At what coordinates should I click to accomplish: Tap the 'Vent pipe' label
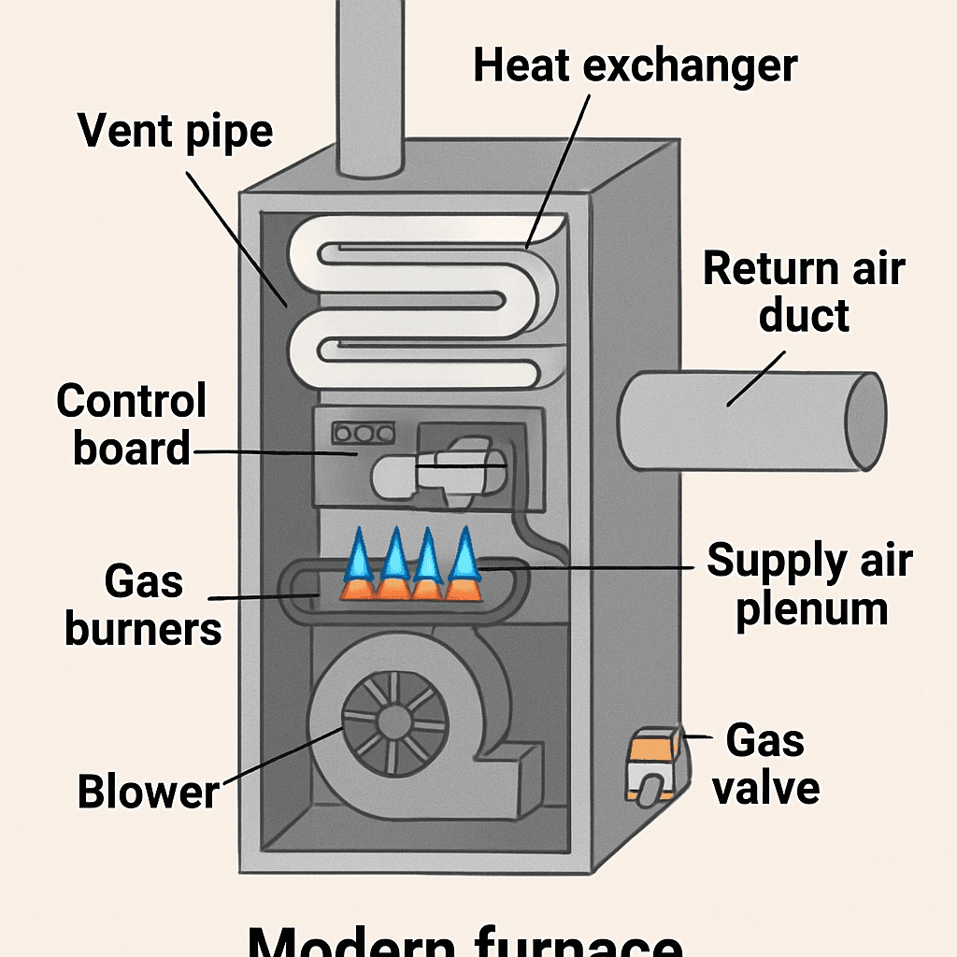[176, 130]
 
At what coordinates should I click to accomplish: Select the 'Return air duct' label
[804, 292]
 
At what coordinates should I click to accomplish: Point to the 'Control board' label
[131, 425]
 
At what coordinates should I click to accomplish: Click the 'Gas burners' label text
[143, 607]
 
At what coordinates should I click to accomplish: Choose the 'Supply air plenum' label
[809, 584]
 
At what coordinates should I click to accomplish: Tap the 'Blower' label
[148, 792]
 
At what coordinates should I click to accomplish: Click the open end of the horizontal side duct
[864, 421]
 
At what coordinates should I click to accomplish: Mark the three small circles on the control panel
[363, 434]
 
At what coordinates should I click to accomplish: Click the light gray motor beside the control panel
[439, 472]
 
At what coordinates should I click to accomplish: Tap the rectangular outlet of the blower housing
[519, 771]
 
